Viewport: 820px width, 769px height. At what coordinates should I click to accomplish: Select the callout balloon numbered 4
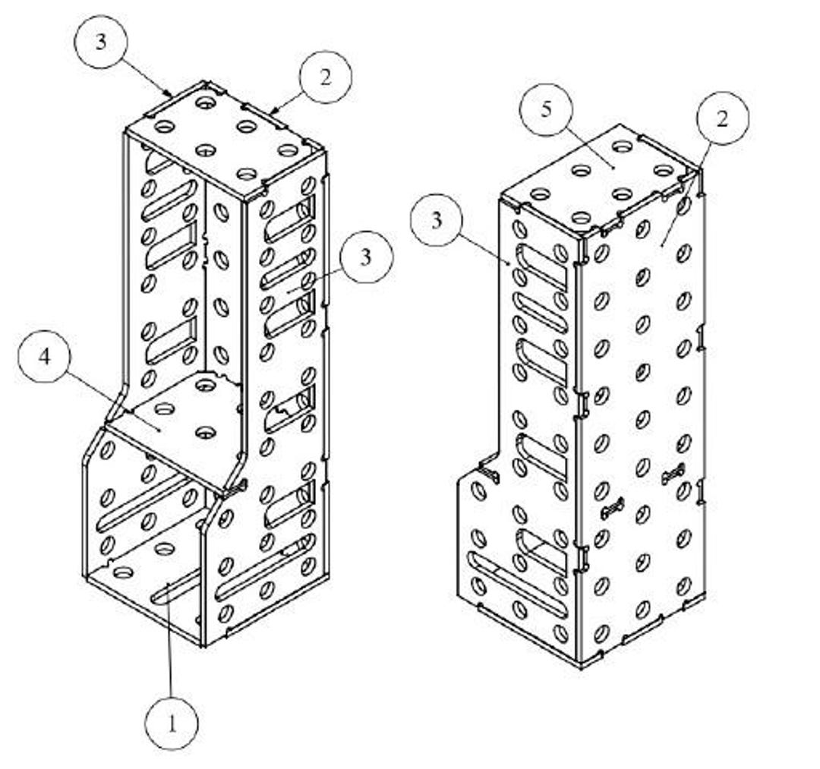point(45,357)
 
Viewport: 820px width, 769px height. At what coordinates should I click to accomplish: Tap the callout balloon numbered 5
point(546,110)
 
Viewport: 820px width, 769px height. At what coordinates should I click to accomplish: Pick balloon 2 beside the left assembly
point(325,77)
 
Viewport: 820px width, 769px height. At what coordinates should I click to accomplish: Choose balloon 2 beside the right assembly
point(722,118)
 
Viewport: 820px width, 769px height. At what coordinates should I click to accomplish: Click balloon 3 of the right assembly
point(437,219)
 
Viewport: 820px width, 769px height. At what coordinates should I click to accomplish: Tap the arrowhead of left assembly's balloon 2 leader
point(274,112)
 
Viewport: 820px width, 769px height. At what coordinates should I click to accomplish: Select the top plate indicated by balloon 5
point(601,178)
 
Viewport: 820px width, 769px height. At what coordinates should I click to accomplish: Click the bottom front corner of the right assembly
point(581,667)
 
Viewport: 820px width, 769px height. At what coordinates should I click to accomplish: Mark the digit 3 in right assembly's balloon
point(437,220)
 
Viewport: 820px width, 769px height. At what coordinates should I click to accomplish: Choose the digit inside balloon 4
point(45,357)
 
